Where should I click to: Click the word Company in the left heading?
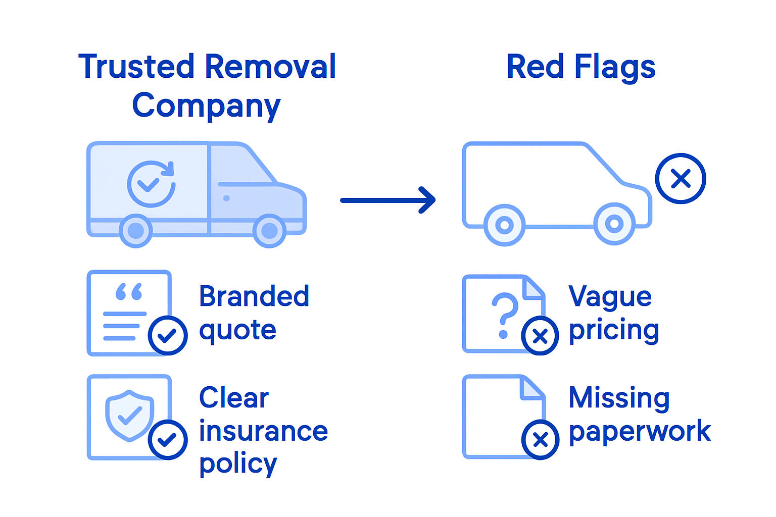[x=206, y=106]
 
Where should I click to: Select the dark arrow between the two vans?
[x=387, y=200]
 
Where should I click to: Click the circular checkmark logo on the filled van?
[x=151, y=184]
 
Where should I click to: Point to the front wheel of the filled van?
[x=269, y=231]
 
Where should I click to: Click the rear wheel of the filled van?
[x=136, y=231]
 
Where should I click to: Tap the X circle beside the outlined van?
[x=681, y=178]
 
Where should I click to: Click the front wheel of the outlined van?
[x=614, y=224]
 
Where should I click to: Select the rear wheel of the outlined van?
[x=504, y=225]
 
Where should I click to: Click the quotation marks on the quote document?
[x=129, y=292]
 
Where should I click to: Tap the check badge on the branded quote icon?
[x=168, y=335]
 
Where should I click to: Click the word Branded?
[x=254, y=296]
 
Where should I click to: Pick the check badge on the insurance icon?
[x=168, y=439]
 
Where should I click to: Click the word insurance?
[x=263, y=431]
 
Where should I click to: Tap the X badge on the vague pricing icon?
[x=540, y=336]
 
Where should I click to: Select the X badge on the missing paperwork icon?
[x=540, y=440]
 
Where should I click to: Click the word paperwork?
[x=640, y=432]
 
